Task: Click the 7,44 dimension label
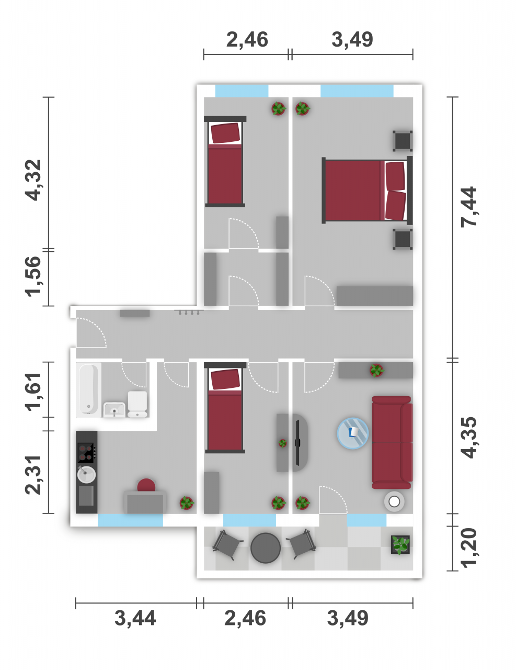click(x=468, y=207)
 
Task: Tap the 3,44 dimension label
click(x=135, y=619)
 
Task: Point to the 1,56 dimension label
click(x=33, y=276)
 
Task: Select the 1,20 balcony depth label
click(x=468, y=548)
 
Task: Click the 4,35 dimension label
click(x=468, y=438)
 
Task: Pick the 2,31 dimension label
click(x=33, y=475)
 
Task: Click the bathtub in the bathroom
click(x=88, y=390)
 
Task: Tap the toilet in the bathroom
click(x=137, y=404)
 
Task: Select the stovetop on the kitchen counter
click(x=86, y=453)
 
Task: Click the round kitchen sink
click(x=86, y=474)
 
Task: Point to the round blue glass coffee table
click(x=352, y=433)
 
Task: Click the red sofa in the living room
click(x=392, y=442)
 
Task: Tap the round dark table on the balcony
click(x=266, y=548)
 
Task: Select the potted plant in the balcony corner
click(x=400, y=544)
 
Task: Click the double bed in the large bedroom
click(x=367, y=190)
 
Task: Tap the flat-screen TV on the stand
click(x=297, y=443)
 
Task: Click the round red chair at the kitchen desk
click(x=146, y=485)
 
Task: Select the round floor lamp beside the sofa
click(x=394, y=501)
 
